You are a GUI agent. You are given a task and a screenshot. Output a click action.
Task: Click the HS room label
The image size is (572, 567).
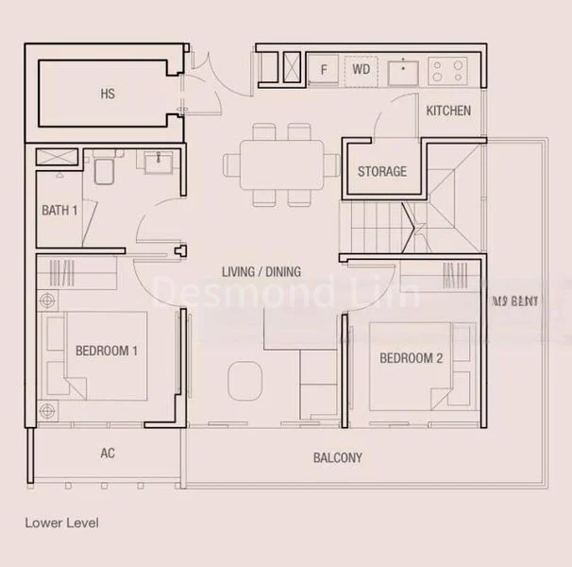pyautogui.click(x=108, y=94)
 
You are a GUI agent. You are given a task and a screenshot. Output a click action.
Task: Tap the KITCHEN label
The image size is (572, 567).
pyautogui.click(x=448, y=111)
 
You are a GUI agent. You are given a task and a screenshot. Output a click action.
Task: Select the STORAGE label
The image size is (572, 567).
pyautogui.click(x=382, y=171)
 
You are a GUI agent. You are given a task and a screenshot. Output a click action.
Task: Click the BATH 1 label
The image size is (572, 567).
pyautogui.click(x=59, y=210)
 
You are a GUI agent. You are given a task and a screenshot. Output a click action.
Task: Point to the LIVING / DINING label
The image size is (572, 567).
pyautogui.click(x=261, y=272)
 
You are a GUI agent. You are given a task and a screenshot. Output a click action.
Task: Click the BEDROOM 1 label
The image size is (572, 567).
pyautogui.click(x=107, y=351)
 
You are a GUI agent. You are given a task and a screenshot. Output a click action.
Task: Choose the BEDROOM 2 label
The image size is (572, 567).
pyautogui.click(x=411, y=358)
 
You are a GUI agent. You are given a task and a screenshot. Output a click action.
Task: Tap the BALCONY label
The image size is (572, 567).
pyautogui.click(x=337, y=458)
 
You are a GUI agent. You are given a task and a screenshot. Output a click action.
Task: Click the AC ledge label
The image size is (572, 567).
pyautogui.click(x=108, y=454)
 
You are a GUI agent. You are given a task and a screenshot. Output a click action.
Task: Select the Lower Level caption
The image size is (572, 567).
pyautogui.click(x=61, y=522)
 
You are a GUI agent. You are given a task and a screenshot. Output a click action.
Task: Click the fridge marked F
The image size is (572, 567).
pyautogui.click(x=324, y=69)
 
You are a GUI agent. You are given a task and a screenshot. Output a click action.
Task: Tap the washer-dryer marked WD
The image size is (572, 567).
pyautogui.click(x=361, y=69)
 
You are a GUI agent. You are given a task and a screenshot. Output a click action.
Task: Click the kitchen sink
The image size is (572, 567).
pyautogui.click(x=404, y=70)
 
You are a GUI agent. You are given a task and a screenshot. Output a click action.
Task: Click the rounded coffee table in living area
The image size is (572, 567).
pyautogui.click(x=244, y=380)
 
